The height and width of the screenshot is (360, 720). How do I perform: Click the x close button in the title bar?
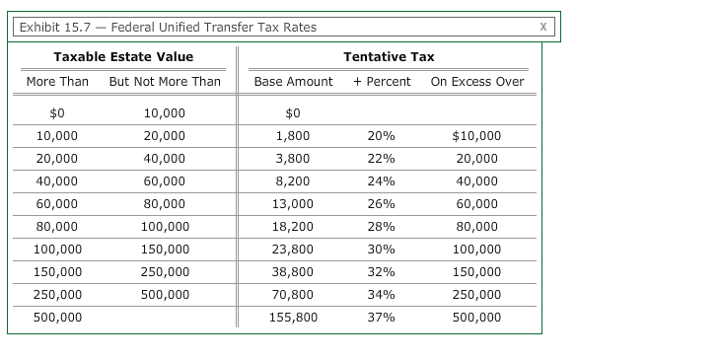[542, 27]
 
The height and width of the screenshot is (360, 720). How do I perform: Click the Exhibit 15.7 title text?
[168, 27]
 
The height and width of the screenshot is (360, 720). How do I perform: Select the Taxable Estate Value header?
[123, 57]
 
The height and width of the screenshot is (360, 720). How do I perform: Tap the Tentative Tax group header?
[389, 57]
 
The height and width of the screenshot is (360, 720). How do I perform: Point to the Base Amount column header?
[293, 81]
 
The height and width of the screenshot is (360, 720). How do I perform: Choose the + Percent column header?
[382, 81]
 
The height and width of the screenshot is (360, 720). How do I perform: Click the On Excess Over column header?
[477, 81]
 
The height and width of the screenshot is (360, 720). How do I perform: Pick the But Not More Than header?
[165, 81]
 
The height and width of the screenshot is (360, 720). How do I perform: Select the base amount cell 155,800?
[293, 318]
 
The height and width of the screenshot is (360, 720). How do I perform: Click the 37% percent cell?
[381, 318]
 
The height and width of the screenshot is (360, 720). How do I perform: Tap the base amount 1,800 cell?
[293, 136]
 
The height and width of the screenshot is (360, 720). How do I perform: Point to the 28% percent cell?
[381, 227]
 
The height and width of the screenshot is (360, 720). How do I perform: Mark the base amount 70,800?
[293, 295]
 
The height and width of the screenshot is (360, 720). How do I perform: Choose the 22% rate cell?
[381, 159]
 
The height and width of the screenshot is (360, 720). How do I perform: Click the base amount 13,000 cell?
[293, 204]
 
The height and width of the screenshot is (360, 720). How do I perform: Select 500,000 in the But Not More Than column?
[165, 295]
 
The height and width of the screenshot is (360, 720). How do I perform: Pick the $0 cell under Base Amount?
[293, 113]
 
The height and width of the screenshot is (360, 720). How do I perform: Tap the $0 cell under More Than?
[57, 113]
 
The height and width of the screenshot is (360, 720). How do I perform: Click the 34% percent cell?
[381, 295]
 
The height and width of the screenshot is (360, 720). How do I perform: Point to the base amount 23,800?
[293, 250]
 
